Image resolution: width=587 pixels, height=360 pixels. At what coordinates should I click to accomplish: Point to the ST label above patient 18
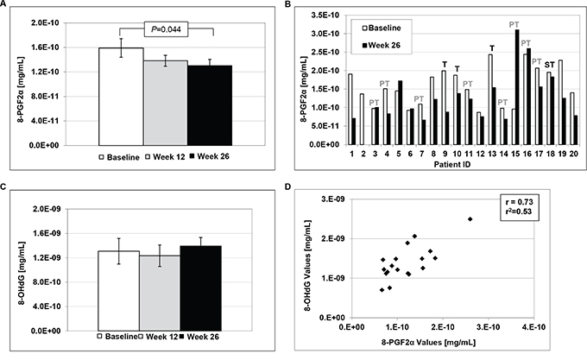point(549,64)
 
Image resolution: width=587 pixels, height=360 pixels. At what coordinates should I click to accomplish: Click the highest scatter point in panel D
point(470,219)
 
